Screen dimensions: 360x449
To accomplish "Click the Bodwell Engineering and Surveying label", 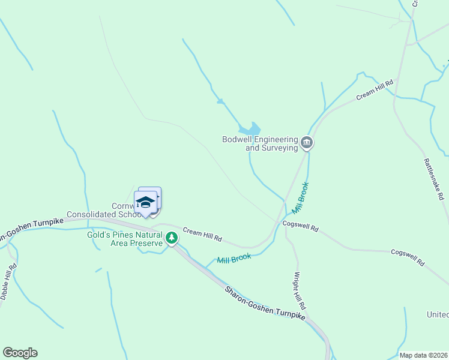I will pyautogui.click(x=260, y=143).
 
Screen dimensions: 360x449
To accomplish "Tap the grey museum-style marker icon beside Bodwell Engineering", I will pyautogui.click(x=307, y=143).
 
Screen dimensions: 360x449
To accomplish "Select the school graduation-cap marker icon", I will pyautogui.click(x=145, y=202).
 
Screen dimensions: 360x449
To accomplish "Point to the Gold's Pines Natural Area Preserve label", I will pyautogui.click(x=125, y=239).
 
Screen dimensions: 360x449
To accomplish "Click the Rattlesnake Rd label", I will pyautogui.click(x=433, y=179).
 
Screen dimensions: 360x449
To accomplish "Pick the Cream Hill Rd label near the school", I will pyautogui.click(x=202, y=235).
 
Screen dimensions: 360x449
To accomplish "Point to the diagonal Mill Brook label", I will pyautogui.click(x=300, y=199).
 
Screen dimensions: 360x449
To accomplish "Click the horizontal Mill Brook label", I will pyautogui.click(x=233, y=259).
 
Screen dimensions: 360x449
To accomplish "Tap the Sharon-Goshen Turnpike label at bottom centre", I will pyautogui.click(x=265, y=304).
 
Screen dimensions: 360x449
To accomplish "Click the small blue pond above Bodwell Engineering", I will pyautogui.click(x=250, y=129).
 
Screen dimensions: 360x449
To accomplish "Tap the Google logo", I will pyautogui.click(x=20, y=353).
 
